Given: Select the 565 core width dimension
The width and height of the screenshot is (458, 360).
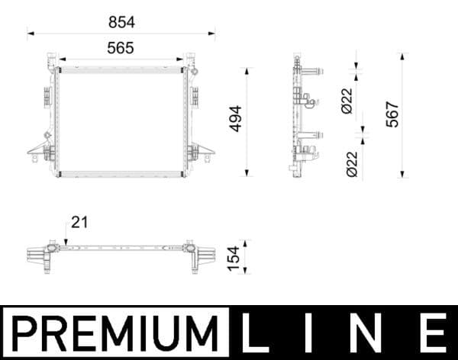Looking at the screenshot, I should tap(121, 47).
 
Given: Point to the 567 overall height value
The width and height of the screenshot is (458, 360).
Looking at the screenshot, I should tap(393, 115).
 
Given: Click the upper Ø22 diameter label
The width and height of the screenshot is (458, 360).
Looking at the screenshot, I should tap(347, 101).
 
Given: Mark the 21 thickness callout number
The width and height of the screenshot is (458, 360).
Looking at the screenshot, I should tap(80, 223).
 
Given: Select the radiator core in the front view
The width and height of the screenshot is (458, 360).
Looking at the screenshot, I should tap(121, 122).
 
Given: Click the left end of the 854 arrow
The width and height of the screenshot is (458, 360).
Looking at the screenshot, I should tap(29, 33).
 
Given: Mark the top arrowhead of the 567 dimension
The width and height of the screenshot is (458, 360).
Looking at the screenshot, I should tap(403, 56).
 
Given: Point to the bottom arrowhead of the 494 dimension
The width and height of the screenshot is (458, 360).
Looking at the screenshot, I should tap(247, 173).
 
